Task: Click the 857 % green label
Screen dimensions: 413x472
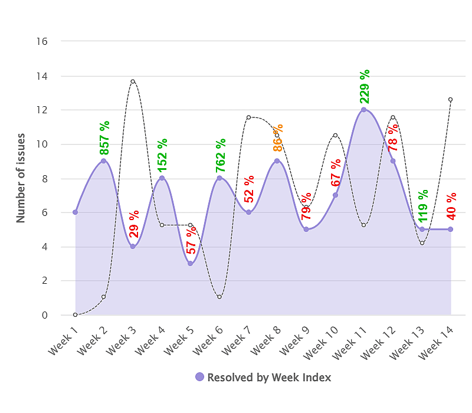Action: [x=104, y=138]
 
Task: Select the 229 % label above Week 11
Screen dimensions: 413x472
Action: [x=365, y=86]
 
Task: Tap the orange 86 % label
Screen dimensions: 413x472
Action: [x=278, y=138]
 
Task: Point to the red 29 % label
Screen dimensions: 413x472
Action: [x=134, y=224]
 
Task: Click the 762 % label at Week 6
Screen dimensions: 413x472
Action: [x=221, y=155]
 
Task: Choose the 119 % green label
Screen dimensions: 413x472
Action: [x=423, y=206]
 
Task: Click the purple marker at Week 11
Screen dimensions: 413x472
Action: [x=364, y=109]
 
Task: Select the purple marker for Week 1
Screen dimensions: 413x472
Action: [x=75, y=212]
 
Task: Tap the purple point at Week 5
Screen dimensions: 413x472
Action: [x=191, y=263]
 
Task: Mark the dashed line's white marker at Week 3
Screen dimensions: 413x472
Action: [x=133, y=81]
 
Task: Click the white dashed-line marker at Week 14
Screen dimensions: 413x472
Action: [x=451, y=99]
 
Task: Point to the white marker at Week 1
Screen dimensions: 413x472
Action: [x=75, y=314]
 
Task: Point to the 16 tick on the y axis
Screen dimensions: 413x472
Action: [x=42, y=41]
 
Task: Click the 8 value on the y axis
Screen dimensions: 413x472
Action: [x=44, y=178]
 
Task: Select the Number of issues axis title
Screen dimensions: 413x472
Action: [x=21, y=178]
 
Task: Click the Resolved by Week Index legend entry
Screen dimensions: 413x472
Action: [x=263, y=378]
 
